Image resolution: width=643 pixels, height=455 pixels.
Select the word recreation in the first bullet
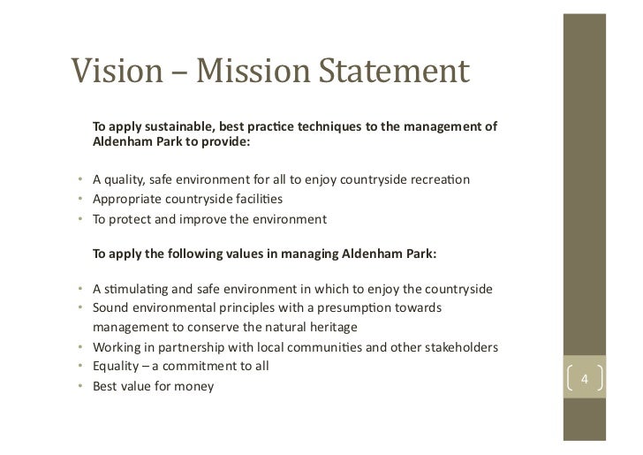[439, 181]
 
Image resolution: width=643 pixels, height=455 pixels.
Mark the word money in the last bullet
[194, 386]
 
